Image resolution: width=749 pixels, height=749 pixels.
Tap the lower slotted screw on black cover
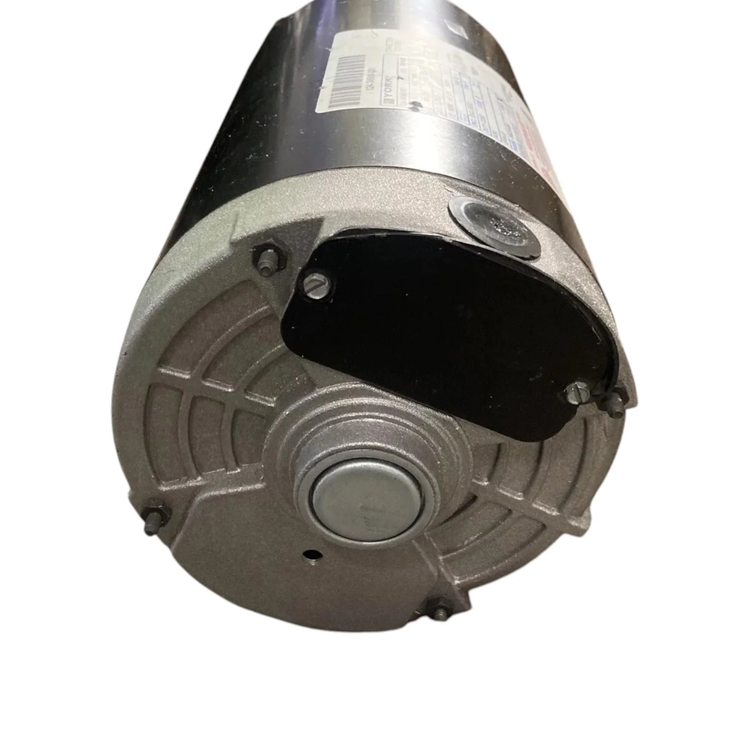[575, 391]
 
